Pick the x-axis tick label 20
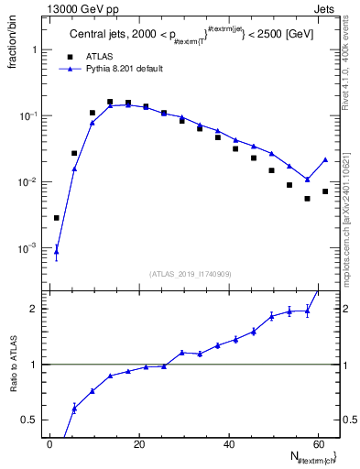coord(139,444)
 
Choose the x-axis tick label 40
coord(228,444)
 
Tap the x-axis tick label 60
coord(317,444)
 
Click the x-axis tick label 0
coord(50,444)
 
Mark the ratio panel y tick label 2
coord(31,309)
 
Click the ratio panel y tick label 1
coord(31,365)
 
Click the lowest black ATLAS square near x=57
coord(308,199)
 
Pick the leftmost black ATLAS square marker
coord(57,218)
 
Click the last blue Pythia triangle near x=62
coord(325,159)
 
